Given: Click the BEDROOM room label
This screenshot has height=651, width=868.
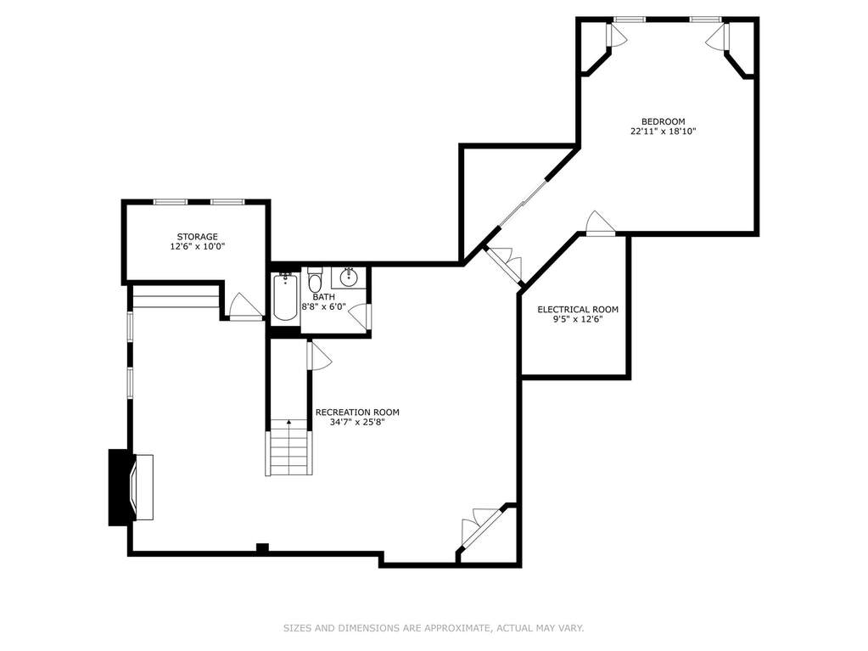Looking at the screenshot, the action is point(663,121).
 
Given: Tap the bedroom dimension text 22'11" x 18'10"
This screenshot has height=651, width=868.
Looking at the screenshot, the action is point(663,132).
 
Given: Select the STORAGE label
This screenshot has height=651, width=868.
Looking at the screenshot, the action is point(198,237).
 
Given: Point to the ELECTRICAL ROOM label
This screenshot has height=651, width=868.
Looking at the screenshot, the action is point(578,310).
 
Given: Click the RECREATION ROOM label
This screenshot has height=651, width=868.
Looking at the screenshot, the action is point(357,412).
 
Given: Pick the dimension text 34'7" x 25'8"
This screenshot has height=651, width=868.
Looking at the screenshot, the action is point(357,423).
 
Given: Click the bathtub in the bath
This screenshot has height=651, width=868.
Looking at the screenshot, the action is point(285,297).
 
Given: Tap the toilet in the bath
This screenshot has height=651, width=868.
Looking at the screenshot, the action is point(315,281).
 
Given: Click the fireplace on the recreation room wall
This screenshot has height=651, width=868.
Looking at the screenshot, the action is point(131,487).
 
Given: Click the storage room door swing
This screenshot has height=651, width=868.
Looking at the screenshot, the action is point(245,306).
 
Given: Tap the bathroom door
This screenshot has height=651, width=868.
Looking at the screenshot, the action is point(361,317).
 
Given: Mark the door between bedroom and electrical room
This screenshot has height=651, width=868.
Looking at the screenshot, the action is point(601,222).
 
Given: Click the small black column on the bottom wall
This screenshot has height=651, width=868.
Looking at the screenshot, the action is point(262,548).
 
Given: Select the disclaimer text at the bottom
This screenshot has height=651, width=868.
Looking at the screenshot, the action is point(434,628).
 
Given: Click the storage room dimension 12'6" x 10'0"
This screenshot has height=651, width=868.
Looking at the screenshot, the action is point(198,247).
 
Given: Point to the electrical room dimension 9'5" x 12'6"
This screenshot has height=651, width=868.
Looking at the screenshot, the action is point(578,319).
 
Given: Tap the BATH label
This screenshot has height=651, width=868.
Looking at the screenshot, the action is point(323,297).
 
